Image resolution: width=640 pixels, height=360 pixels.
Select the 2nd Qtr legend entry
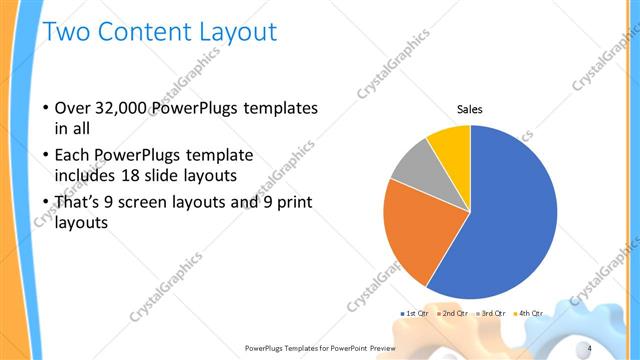tap(456, 313)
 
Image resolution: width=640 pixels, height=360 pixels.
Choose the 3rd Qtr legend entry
tap(494, 313)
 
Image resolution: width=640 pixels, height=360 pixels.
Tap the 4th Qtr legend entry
tap(530, 313)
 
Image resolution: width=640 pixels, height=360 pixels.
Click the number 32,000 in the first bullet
tap(123, 107)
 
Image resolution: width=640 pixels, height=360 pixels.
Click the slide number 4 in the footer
tap(617, 347)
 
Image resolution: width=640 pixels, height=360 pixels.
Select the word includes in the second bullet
tap(85, 177)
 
